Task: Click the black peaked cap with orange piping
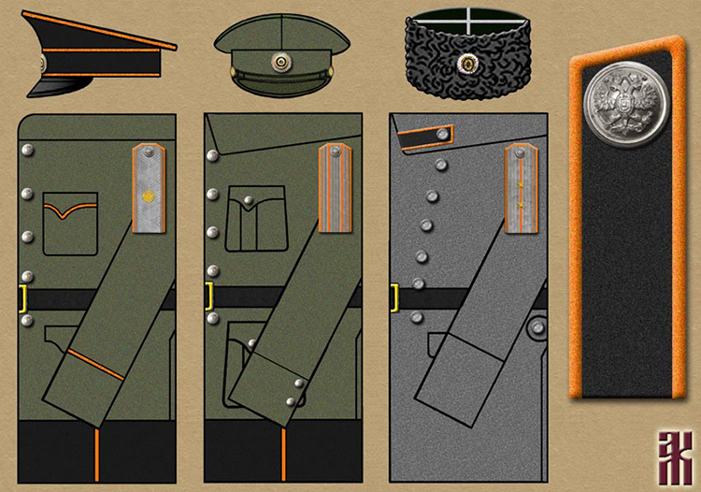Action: click(98, 54)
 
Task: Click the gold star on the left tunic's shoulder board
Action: click(148, 196)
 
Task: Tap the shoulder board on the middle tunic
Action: click(334, 188)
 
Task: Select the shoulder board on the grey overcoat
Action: click(522, 188)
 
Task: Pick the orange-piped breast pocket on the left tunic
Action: click(70, 224)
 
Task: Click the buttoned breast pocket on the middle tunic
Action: click(256, 218)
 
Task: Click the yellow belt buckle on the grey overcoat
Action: click(394, 297)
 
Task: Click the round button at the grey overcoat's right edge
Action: click(537, 328)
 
